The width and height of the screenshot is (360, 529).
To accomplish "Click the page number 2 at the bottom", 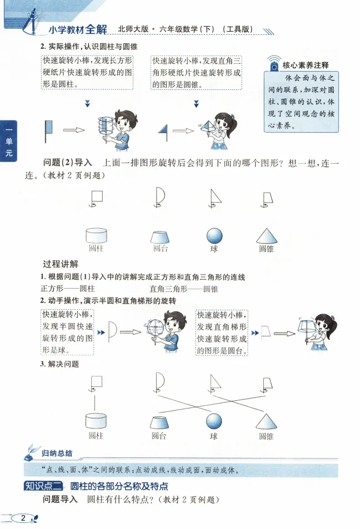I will tap(23, 518).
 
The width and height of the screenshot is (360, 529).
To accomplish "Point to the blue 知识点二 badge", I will tap(42, 486).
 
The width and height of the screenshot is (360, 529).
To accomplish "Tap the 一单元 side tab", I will tap(8, 141).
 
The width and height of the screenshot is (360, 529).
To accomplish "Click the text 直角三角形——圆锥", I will tap(184, 289).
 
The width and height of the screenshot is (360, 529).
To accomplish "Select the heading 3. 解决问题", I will tap(59, 365).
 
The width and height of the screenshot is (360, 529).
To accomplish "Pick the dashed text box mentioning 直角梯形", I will tap(222, 332).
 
